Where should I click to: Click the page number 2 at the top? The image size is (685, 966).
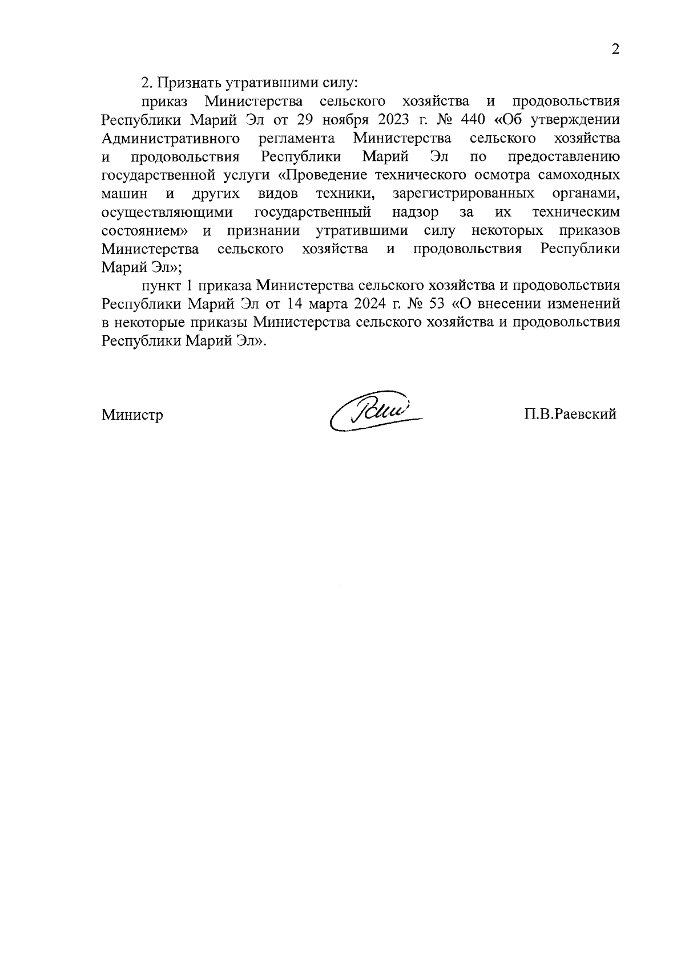coord(615,49)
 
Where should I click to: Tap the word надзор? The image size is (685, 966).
coord(416,213)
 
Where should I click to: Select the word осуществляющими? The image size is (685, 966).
coord(167,213)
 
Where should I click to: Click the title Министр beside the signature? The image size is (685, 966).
coord(132,415)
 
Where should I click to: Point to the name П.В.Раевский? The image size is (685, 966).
coord(571,415)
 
